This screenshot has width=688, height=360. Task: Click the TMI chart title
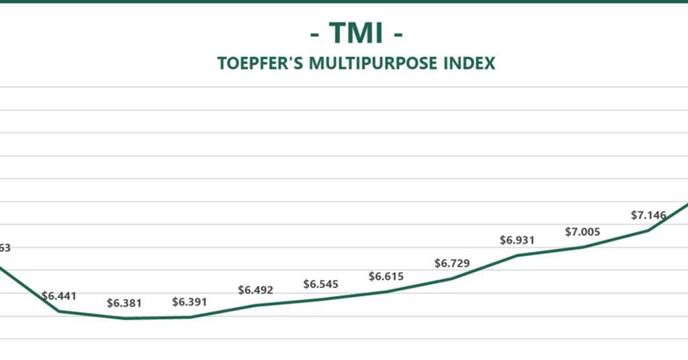356,32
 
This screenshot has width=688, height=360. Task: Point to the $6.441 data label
59,296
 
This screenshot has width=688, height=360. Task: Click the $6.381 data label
124,303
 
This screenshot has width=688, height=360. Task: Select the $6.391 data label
189,302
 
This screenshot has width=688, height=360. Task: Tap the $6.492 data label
255,290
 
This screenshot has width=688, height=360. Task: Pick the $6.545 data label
320,284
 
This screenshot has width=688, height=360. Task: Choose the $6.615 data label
386,277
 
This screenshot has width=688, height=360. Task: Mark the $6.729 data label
451,263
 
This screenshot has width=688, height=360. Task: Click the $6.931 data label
517,240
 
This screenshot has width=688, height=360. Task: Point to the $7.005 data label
583,232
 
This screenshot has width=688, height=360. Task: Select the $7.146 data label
648,215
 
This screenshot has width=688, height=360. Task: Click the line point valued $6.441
59,311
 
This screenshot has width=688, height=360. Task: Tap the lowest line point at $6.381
125,318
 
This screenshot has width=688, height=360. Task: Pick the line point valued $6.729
451,278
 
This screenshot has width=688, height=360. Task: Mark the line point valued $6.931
517,255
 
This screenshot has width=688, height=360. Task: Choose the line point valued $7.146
648,230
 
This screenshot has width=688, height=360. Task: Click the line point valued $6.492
255,305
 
